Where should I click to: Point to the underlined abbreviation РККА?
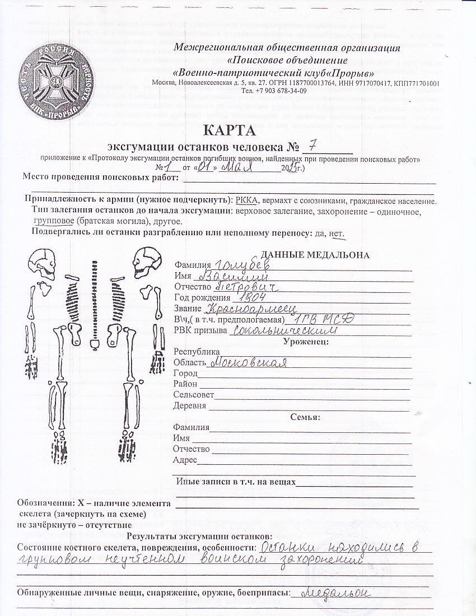coord(247,200)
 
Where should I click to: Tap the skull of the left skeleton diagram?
coord(43,263)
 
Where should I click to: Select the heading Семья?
coord(305,417)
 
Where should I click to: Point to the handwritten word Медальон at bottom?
coord(333,592)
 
